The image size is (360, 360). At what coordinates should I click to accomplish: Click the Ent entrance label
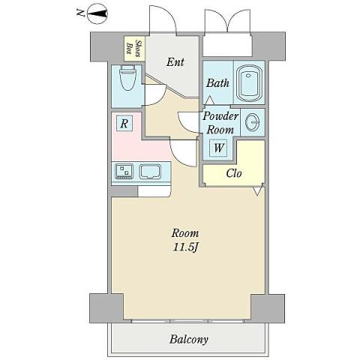tap(175, 62)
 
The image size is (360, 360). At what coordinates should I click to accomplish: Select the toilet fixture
tap(128, 78)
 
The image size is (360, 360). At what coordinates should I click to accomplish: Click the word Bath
tap(217, 83)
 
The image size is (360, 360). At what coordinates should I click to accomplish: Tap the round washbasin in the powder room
tap(252, 122)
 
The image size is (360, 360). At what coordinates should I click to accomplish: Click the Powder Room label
tap(220, 123)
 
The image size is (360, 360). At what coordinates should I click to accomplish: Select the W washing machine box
tap(218, 148)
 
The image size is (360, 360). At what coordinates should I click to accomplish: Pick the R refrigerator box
tap(124, 124)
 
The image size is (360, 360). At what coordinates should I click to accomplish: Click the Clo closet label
tap(234, 173)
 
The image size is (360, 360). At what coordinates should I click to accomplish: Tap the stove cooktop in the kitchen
tap(124, 171)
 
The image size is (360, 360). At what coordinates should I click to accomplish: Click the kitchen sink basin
tap(150, 172)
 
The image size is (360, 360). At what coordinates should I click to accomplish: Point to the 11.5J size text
tap(185, 247)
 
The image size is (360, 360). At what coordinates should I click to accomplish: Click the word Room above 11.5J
tap(185, 233)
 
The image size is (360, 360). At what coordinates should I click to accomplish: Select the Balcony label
tap(189, 340)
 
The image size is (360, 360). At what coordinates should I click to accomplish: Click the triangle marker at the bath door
tap(209, 100)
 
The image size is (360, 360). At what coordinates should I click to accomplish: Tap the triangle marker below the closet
tap(257, 191)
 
